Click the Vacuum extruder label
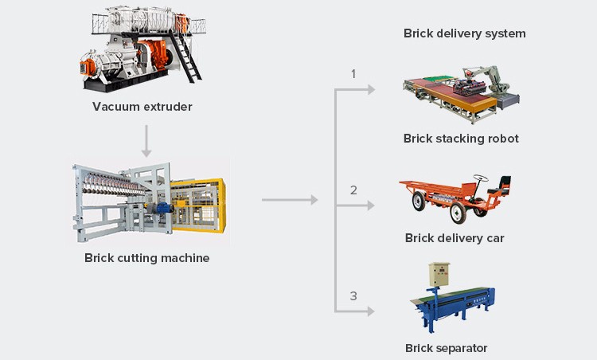click(x=142, y=107)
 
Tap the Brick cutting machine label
click(x=147, y=258)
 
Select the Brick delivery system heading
click(x=465, y=33)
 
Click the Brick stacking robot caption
click(x=461, y=139)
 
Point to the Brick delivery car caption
click(x=455, y=238)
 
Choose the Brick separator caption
click(x=446, y=348)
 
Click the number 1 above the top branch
click(x=354, y=74)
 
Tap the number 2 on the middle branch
click(x=354, y=190)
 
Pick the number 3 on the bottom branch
click(x=354, y=296)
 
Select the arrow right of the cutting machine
click(x=290, y=199)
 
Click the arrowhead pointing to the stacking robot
click(x=369, y=89)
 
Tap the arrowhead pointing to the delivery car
click(x=369, y=205)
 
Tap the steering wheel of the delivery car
click(x=480, y=176)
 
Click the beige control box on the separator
click(x=439, y=275)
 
